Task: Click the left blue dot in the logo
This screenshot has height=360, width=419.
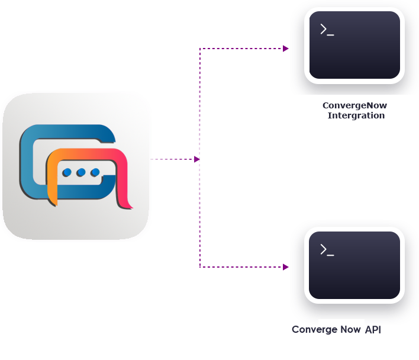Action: (x=67, y=173)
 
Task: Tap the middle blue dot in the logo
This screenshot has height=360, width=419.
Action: (x=81, y=173)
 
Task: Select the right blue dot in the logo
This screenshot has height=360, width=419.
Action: (x=95, y=173)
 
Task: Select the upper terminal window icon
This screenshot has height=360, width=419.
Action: (x=354, y=45)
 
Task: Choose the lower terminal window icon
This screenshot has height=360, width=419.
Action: (x=354, y=265)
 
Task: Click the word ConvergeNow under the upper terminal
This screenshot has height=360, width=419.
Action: (x=354, y=105)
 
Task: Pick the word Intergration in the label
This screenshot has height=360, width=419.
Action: (x=356, y=115)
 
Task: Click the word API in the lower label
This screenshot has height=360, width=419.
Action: (x=373, y=329)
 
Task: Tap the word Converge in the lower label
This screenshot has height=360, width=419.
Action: (x=314, y=329)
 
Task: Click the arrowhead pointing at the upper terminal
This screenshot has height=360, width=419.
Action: (x=286, y=49)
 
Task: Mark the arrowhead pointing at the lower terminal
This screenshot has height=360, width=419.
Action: (x=286, y=267)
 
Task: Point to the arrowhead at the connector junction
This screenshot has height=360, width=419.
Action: (x=196, y=159)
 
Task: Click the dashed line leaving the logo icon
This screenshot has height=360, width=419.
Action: (x=172, y=159)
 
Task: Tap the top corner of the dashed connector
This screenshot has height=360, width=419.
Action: (x=200, y=49)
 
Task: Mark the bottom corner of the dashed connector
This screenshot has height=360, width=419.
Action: (x=200, y=267)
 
